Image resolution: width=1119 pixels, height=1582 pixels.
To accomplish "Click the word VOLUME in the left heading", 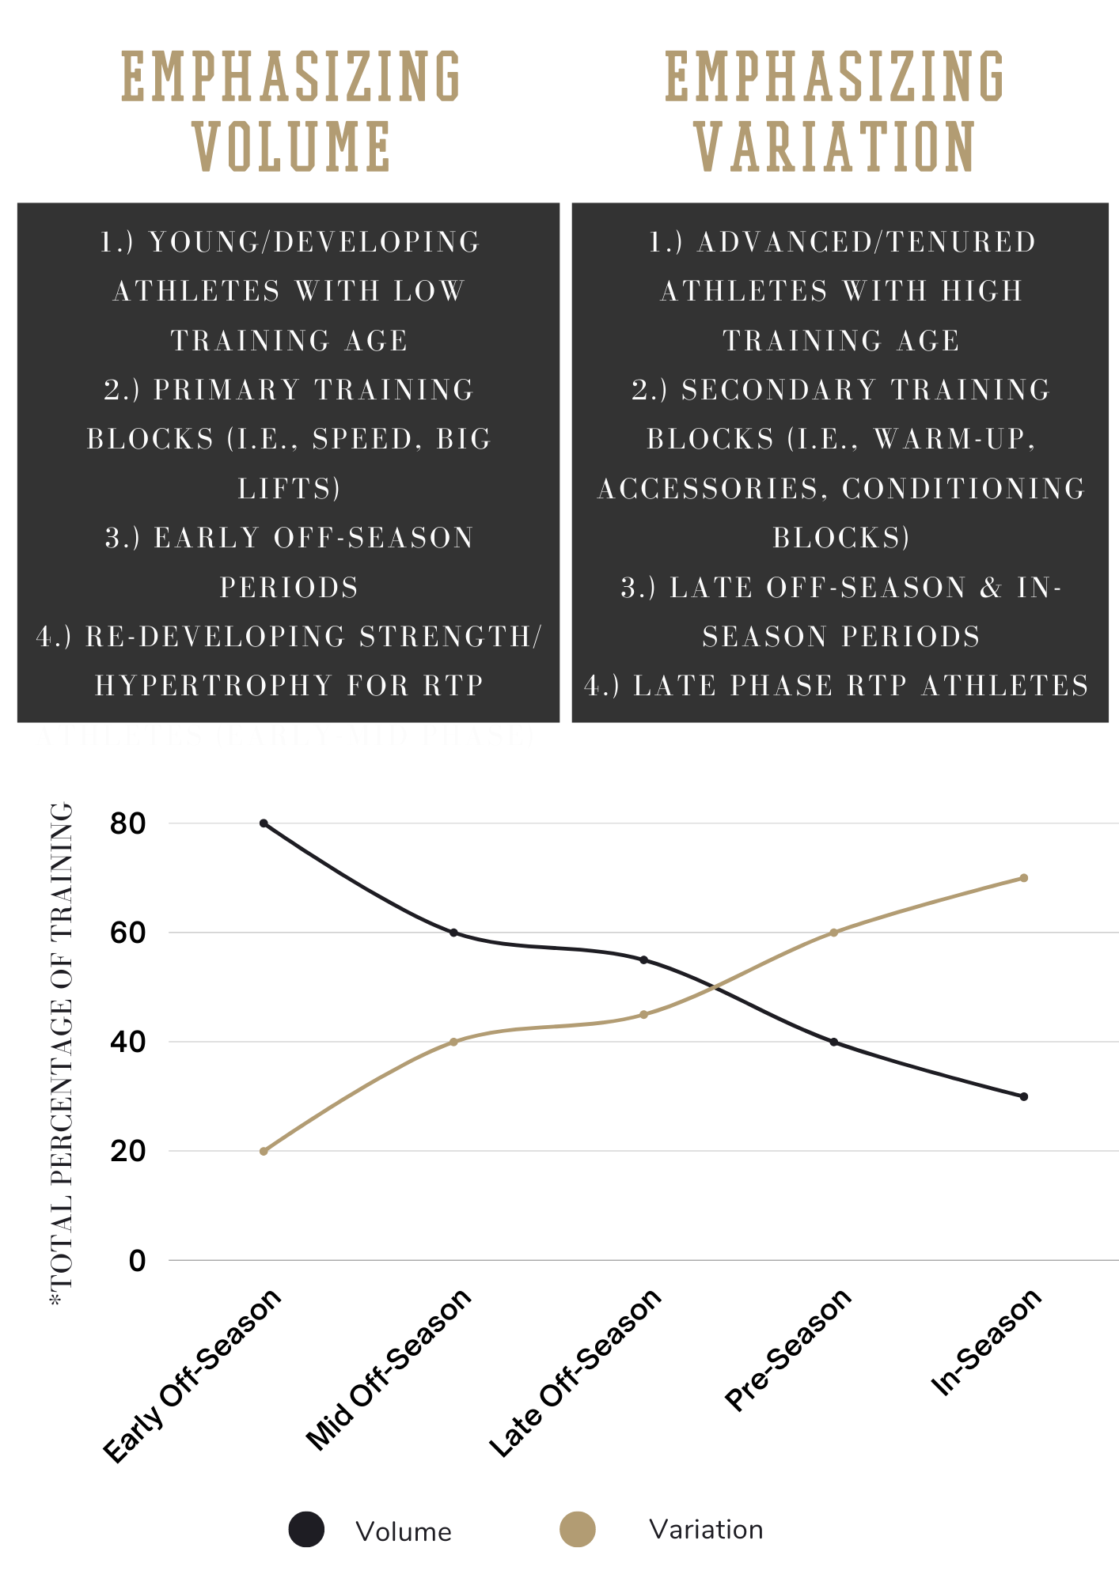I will coord(292,147).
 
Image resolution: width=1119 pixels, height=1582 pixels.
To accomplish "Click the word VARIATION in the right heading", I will coord(835,147).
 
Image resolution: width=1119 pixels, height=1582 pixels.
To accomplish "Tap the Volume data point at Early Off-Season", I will coord(264,823).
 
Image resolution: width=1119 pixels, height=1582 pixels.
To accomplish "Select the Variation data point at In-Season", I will coord(1023,878).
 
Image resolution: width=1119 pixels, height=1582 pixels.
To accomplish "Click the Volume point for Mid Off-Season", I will coord(453,933).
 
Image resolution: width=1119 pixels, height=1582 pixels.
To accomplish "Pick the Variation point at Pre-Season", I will coord(833,933).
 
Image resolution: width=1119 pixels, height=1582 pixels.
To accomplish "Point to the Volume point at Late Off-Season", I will coord(643,960).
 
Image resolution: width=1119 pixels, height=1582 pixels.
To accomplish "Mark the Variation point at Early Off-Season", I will coord(264,1151).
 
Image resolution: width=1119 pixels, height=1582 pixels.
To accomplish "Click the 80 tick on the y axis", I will coord(128,824).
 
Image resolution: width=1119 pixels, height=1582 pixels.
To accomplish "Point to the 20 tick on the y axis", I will coord(128,1152).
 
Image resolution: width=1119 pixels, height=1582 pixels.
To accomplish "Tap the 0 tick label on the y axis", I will coord(137,1261).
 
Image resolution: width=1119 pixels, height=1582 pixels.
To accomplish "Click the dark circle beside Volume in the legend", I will coord(306,1529).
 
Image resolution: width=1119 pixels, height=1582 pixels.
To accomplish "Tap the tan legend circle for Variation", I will coord(577,1529).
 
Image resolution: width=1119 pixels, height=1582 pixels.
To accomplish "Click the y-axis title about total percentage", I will coord(62,1044).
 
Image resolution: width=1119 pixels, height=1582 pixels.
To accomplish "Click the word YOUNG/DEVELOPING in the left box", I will coord(314,242).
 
